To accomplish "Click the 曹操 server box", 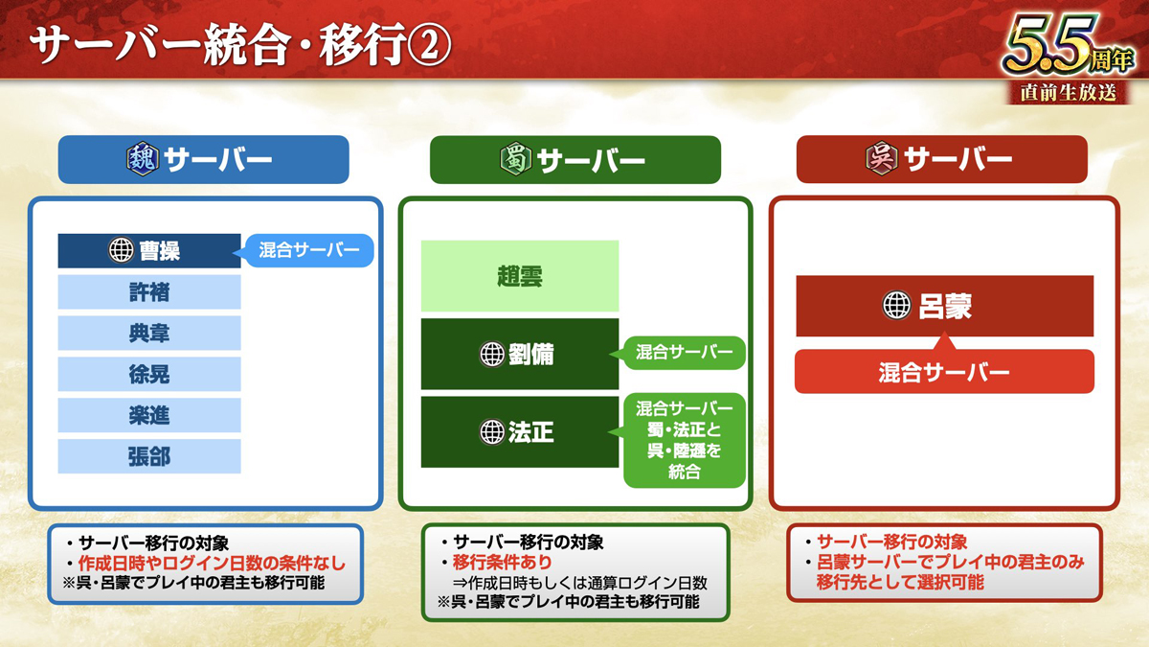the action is click(148, 250).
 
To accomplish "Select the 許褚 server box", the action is click(148, 291).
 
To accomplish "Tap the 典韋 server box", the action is click(148, 333).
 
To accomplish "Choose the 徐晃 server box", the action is click(148, 374).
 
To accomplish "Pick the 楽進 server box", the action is click(148, 415).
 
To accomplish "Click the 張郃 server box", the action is click(148, 456).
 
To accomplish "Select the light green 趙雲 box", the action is click(520, 276).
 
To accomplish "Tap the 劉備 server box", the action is click(520, 354).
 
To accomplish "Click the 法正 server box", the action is click(520, 432).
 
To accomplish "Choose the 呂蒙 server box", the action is click(945, 306).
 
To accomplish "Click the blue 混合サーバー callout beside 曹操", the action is click(309, 250).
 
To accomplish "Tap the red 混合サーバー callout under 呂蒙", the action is click(944, 372).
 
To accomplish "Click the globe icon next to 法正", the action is click(492, 432).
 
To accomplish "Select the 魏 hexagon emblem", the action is click(143, 159).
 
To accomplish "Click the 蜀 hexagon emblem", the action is click(515, 159).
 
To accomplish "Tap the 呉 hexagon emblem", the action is click(882, 158).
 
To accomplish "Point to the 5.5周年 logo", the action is click(1069, 58).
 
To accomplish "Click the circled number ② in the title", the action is click(430, 45).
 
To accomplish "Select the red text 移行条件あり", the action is click(502, 563).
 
